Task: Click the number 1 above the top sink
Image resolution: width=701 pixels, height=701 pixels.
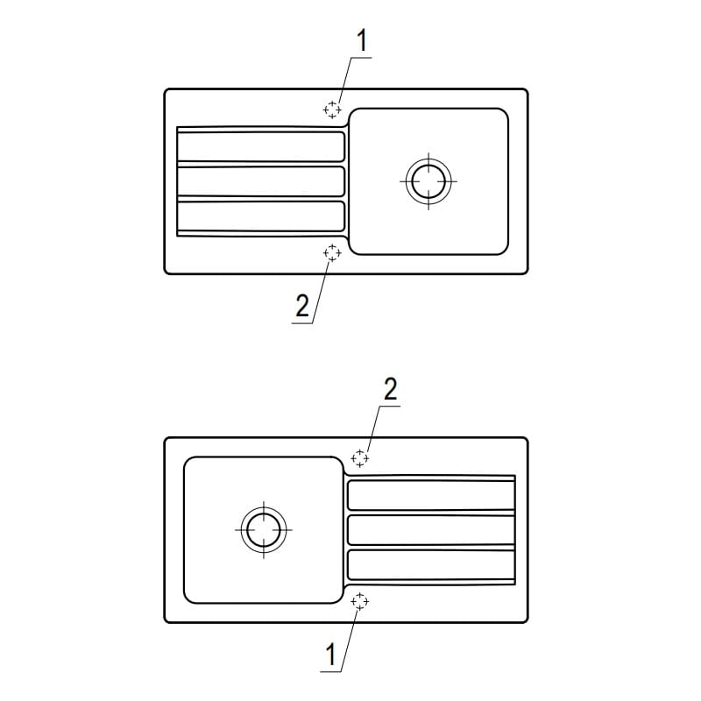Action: pyautogui.click(x=362, y=40)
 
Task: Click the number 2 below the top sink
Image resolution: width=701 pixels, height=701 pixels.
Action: pyautogui.click(x=302, y=306)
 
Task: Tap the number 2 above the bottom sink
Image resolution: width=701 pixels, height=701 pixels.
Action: pyautogui.click(x=390, y=389)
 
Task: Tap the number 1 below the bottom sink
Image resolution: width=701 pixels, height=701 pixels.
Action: pyautogui.click(x=331, y=655)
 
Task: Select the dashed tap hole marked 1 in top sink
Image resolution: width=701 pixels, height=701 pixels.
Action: pyautogui.click(x=332, y=110)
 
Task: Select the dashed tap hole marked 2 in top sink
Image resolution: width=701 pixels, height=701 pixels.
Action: pyautogui.click(x=332, y=252)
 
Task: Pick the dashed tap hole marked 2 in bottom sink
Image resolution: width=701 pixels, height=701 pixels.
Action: pyautogui.click(x=360, y=458)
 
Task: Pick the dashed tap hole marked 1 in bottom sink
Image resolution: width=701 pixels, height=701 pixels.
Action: pyautogui.click(x=360, y=602)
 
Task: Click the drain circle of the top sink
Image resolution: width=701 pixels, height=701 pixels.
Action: pyautogui.click(x=428, y=181)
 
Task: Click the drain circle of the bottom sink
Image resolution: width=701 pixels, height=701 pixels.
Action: pyautogui.click(x=264, y=530)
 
